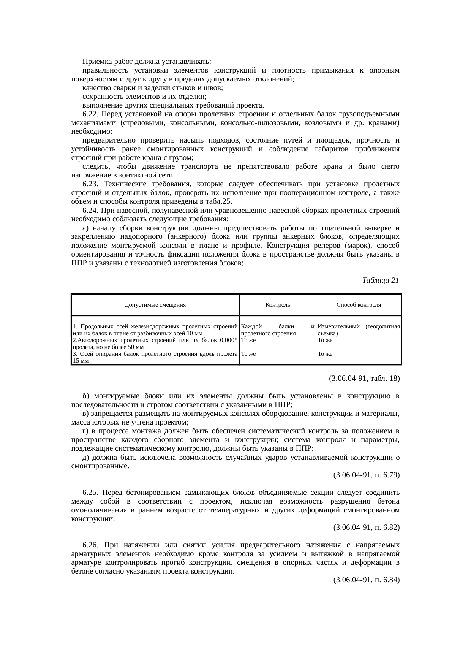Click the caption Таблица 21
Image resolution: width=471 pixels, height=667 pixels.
click(x=381, y=280)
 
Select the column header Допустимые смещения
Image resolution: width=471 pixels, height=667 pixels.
click(x=155, y=305)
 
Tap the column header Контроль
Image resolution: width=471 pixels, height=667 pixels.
click(x=278, y=305)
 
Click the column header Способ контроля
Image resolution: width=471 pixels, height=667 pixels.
click(x=359, y=305)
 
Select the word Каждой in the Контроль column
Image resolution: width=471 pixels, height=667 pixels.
click(x=251, y=326)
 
